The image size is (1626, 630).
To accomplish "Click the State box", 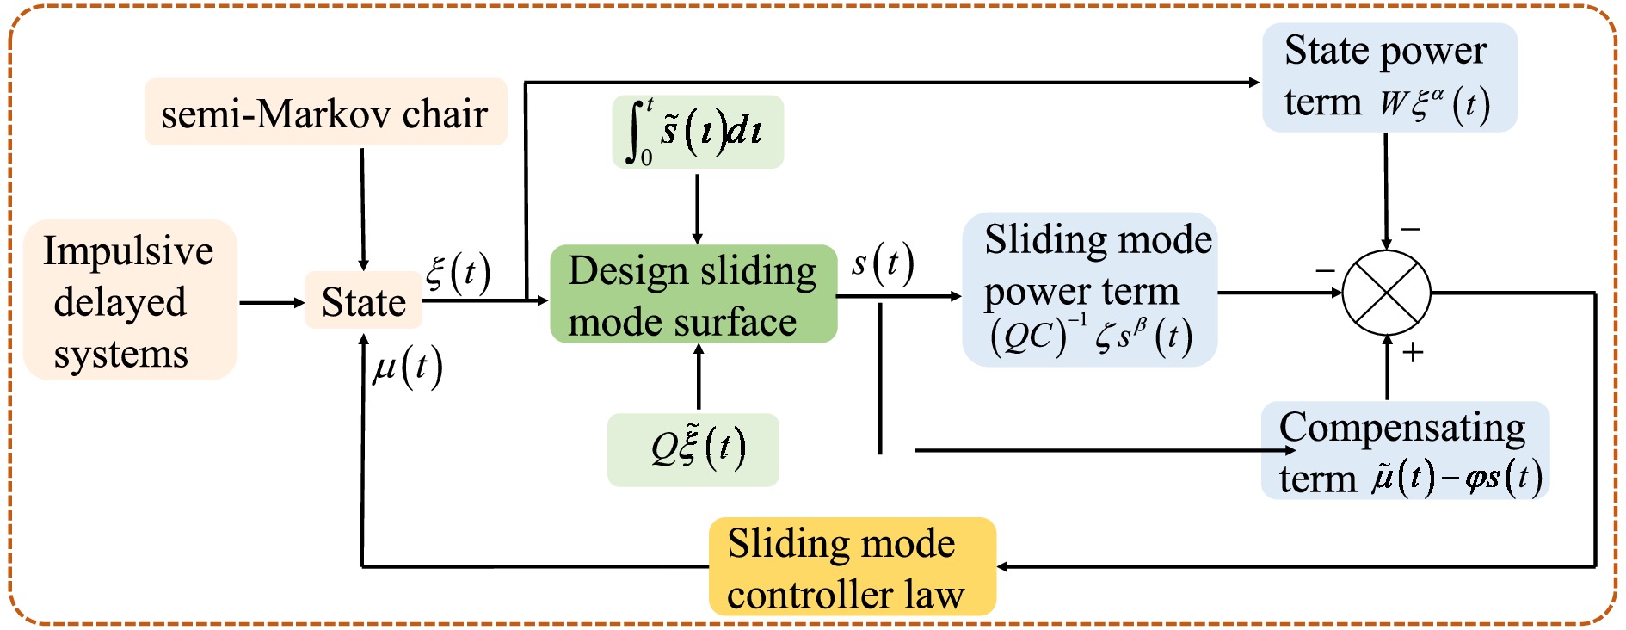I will (363, 301).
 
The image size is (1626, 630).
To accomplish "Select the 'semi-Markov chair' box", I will (325, 113).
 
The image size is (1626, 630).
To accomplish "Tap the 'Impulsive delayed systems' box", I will (130, 300).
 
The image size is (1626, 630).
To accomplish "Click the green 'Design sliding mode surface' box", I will (693, 294).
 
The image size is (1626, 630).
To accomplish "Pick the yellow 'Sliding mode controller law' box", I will (852, 567).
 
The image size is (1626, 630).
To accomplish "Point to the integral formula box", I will (698, 132).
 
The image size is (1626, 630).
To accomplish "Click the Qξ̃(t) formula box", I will (693, 449).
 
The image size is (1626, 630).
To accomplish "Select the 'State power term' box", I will (1389, 77).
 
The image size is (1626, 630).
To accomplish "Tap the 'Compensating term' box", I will (1405, 450).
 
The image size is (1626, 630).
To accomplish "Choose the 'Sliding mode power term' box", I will (1089, 289).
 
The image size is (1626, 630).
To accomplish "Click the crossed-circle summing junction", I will (1387, 293).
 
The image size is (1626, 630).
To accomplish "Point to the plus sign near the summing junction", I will (1413, 352).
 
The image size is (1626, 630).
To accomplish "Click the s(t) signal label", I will (883, 264).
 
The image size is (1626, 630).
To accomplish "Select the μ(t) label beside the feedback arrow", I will (408, 367).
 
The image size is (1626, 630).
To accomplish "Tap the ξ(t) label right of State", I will (458, 273).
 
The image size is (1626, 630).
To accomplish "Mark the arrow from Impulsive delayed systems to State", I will (271, 302).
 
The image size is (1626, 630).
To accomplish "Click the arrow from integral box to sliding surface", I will (697, 207).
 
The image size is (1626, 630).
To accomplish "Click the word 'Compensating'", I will (1402, 428).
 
